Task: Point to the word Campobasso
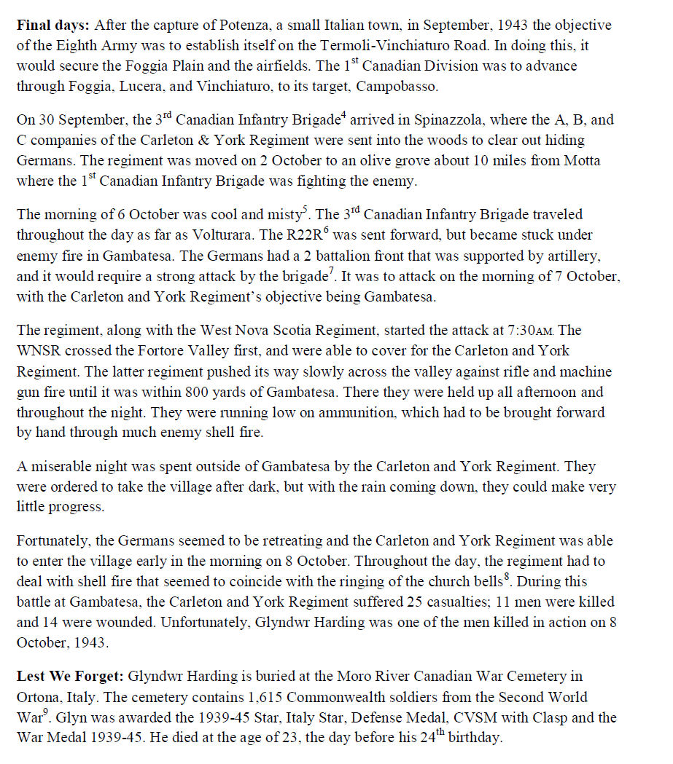pos(423,86)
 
